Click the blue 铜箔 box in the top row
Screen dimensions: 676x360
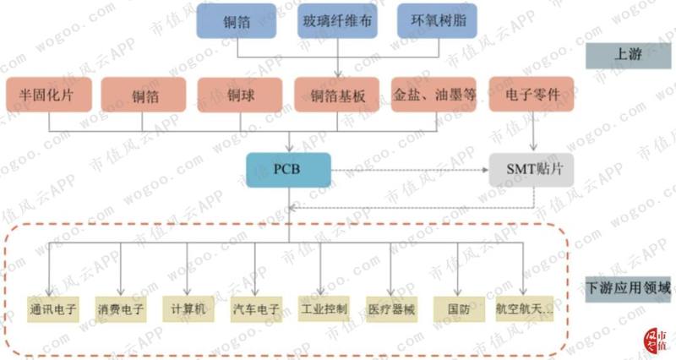pyautogui.click(x=237, y=21)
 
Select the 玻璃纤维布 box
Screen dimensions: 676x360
pyautogui.click(x=337, y=21)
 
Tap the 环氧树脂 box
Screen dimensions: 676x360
pyautogui.click(x=437, y=21)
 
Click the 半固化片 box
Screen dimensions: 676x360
pyautogui.click(x=49, y=95)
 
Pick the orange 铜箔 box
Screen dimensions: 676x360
pyautogui.click(x=144, y=95)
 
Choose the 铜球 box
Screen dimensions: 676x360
pyautogui.click(x=240, y=95)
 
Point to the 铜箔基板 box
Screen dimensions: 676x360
pyautogui.click(x=336, y=95)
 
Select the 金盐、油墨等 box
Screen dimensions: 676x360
pyautogui.click(x=433, y=95)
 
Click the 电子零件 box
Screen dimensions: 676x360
pyautogui.click(x=532, y=95)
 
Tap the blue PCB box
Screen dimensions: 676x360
pyautogui.click(x=288, y=170)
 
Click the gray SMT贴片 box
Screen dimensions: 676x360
pyautogui.click(x=532, y=170)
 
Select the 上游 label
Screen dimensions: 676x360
pyautogui.click(x=628, y=56)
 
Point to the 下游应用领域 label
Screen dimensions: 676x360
pyautogui.click(x=628, y=288)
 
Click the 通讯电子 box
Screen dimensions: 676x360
pyautogui.click(x=53, y=309)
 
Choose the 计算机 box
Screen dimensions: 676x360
pyautogui.click(x=188, y=308)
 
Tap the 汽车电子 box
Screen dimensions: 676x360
pyautogui.click(x=257, y=309)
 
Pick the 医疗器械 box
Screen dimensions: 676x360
pyautogui.click(x=392, y=309)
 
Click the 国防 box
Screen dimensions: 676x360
pyautogui.click(x=459, y=309)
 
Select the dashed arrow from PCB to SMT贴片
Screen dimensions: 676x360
pyautogui.click(x=410, y=171)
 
